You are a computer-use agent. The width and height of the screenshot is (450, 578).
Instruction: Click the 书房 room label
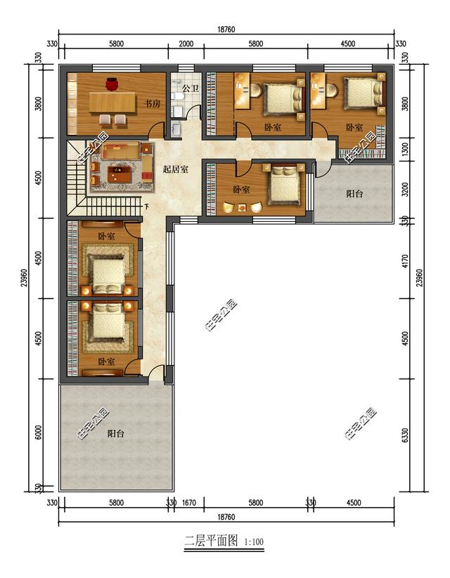153,104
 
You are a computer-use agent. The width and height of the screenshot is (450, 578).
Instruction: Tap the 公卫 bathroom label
191,89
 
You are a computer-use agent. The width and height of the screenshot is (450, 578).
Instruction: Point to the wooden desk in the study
115,103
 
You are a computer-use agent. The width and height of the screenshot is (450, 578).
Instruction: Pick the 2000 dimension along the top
186,44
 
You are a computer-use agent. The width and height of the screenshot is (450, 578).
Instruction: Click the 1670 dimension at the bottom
188,503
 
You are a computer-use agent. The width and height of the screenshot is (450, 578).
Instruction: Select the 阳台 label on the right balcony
354,194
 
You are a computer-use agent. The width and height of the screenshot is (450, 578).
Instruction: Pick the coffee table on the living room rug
117,169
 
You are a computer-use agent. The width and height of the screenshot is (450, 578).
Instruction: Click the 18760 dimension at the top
226,29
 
